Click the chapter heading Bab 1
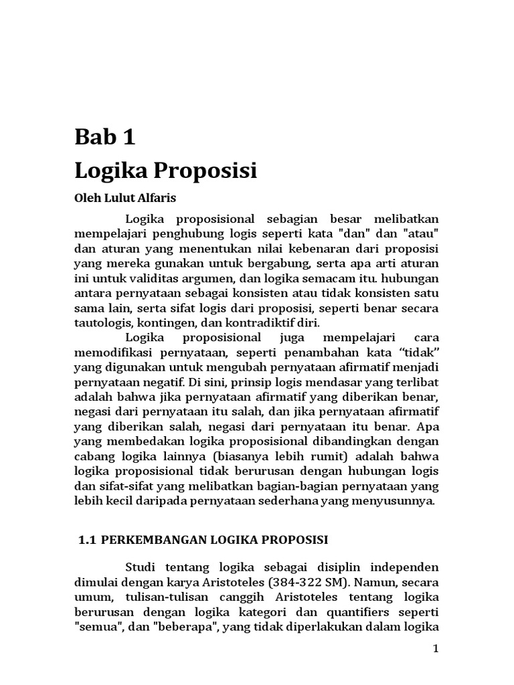[104, 137]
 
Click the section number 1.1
[89, 539]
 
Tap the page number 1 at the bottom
[435, 650]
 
